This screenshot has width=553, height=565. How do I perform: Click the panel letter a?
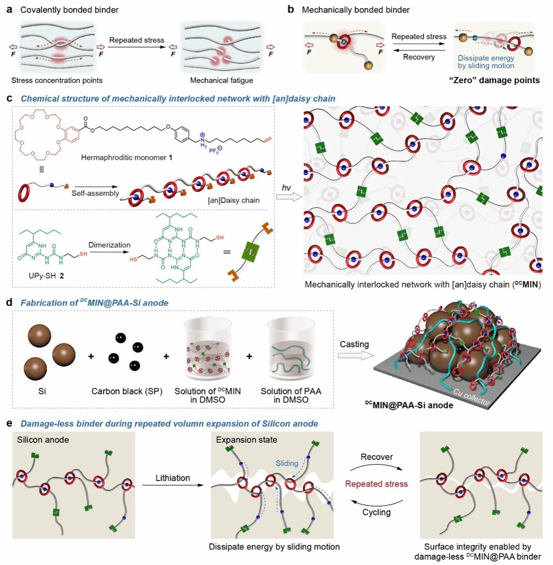pyautogui.click(x=9, y=9)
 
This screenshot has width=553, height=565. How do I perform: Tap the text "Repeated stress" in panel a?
pyautogui.click(x=137, y=40)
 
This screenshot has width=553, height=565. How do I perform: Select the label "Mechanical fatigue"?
pyautogui.click(x=221, y=80)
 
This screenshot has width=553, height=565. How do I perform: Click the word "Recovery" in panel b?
pyautogui.click(x=418, y=57)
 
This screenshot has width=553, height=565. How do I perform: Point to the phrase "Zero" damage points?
pyautogui.click(x=494, y=80)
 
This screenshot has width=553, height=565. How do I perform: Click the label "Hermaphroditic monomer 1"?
pyautogui.click(x=127, y=157)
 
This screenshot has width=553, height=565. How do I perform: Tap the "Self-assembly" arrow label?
pyautogui.click(x=95, y=193)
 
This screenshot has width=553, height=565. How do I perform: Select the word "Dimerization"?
pyautogui.click(x=109, y=245)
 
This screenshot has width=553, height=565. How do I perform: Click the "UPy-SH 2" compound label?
pyautogui.click(x=46, y=276)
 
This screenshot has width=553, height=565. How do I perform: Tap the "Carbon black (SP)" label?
pyautogui.click(x=127, y=391)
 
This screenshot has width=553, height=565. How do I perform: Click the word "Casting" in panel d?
pyautogui.click(x=354, y=344)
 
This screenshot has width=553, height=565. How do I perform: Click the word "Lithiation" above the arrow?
pyautogui.click(x=172, y=478)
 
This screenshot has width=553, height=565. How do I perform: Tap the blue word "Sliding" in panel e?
pyautogui.click(x=287, y=463)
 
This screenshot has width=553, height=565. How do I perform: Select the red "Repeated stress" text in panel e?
pyautogui.click(x=376, y=484)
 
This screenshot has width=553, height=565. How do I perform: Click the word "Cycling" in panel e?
pyautogui.click(x=376, y=512)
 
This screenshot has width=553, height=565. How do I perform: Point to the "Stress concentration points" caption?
pyautogui.click(x=57, y=80)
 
